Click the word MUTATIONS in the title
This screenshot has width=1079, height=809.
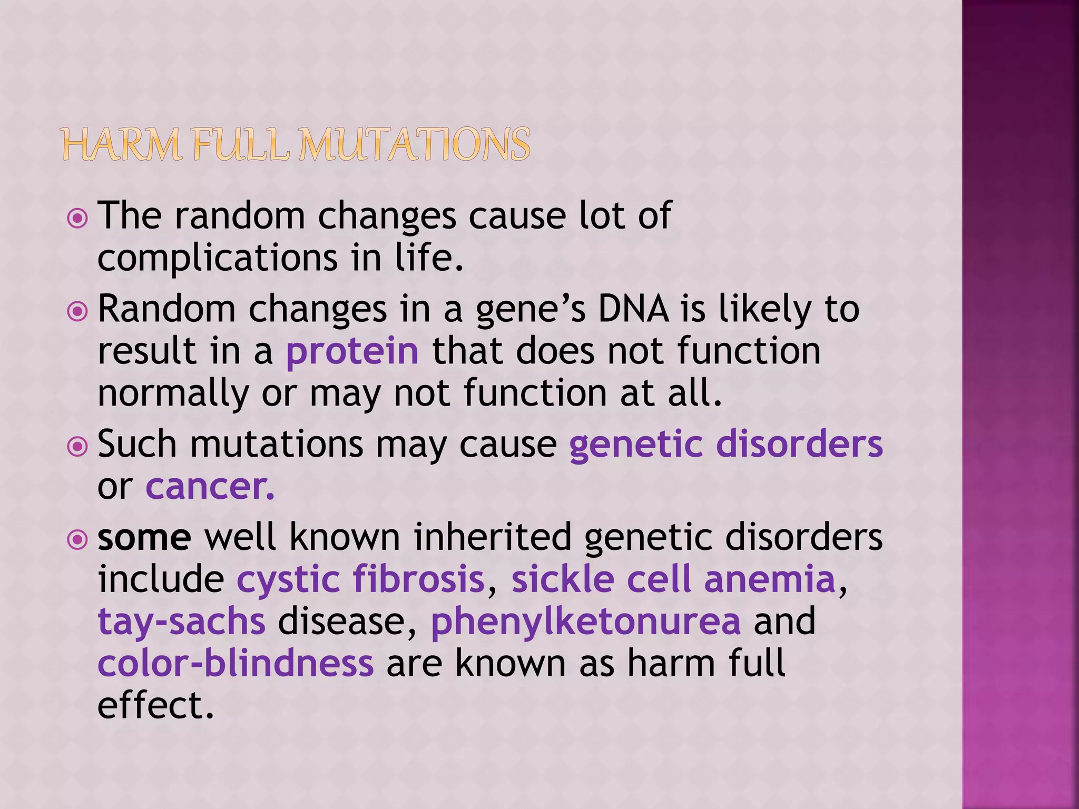(x=415, y=145)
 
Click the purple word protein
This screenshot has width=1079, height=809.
(x=352, y=351)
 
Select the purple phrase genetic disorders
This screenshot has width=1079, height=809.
(x=725, y=444)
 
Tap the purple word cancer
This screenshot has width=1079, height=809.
(x=210, y=486)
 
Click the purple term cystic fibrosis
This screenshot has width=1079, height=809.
(x=360, y=579)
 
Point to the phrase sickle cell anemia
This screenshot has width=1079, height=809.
(x=673, y=579)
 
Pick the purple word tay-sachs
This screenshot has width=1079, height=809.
(x=181, y=621)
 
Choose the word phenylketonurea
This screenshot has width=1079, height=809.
(x=586, y=621)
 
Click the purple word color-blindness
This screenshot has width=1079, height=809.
(x=236, y=663)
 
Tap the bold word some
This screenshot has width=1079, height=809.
(x=144, y=538)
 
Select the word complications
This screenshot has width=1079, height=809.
(x=218, y=259)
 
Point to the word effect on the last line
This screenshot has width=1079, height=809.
(x=155, y=705)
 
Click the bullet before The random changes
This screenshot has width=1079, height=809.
(x=77, y=218)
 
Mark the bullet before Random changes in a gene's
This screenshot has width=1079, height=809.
(x=77, y=312)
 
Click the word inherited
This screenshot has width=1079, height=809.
(x=492, y=538)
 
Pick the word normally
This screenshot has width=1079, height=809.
(x=173, y=393)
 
